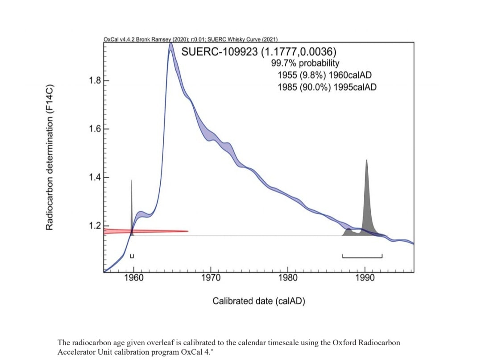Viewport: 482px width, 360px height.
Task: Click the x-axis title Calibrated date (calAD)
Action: pyautogui.click(x=259, y=301)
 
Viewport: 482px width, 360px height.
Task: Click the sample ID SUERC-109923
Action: pyautogui.click(x=220, y=51)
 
